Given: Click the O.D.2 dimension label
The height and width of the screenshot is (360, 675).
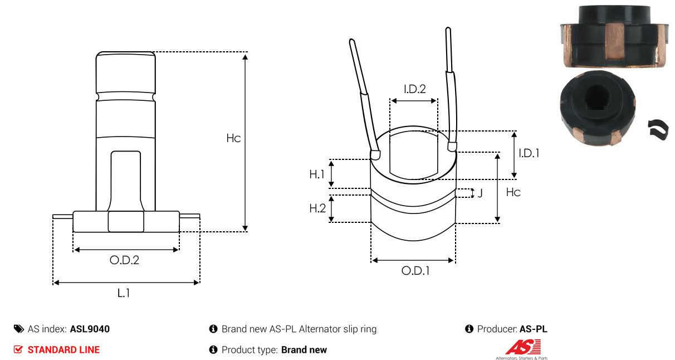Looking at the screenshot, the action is [x=124, y=260].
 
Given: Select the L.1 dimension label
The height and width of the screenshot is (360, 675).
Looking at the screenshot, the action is [x=124, y=293].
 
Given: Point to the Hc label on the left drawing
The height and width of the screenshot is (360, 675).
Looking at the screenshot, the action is [x=233, y=138].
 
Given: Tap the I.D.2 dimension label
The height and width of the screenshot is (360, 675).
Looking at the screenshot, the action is [x=415, y=89].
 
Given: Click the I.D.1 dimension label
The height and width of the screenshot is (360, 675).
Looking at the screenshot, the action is [x=529, y=153].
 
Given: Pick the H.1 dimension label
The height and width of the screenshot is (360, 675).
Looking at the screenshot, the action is [x=317, y=174].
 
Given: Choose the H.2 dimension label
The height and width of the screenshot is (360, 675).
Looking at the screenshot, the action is [x=317, y=208].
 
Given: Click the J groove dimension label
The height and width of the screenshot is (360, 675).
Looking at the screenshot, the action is [x=480, y=193].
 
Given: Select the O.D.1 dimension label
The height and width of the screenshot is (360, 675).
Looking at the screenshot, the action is [x=415, y=271].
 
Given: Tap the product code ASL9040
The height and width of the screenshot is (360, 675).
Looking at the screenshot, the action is [x=90, y=329].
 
